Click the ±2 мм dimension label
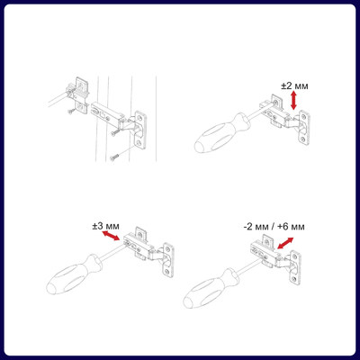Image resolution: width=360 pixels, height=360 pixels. click(294, 86)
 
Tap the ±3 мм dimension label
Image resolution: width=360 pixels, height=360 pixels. click(105, 226)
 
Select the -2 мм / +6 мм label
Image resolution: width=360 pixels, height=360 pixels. click(274, 227)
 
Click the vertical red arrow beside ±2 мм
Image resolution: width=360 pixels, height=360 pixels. click(293, 101)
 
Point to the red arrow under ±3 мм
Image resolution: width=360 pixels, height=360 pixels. click(111, 236)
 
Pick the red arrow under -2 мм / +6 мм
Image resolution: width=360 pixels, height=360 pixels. click(285, 243)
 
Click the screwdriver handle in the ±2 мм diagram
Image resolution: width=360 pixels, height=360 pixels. click(221, 133)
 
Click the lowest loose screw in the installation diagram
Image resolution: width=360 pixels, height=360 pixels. click(114, 157)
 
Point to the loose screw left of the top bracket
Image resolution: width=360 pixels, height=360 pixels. click(71, 112)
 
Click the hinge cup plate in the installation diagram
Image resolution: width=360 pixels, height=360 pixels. click(140, 130)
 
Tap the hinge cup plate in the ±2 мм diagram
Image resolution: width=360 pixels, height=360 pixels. click(303, 128)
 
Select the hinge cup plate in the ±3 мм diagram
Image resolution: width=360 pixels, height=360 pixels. click(168, 260)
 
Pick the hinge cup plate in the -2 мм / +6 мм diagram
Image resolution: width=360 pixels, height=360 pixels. click(296, 266)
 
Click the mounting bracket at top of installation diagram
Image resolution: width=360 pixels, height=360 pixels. click(81, 95)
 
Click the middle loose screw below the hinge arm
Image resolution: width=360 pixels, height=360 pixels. click(114, 132)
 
